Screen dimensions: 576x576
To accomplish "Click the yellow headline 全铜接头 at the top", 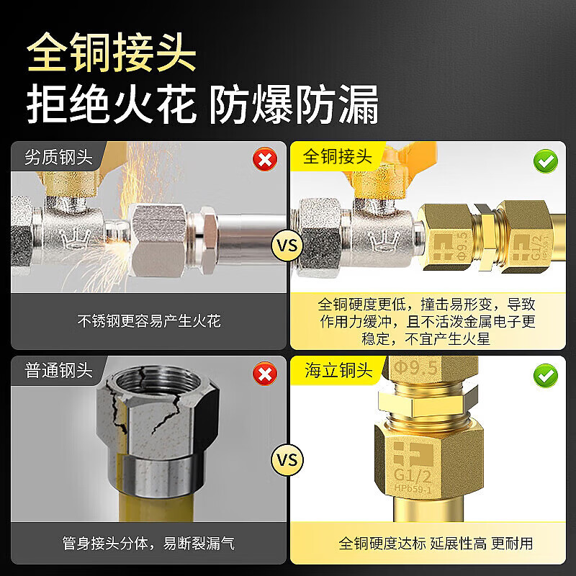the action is pyautogui.click(x=112, y=52).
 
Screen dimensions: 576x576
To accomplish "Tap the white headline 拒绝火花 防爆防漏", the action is pyautogui.click(x=202, y=104).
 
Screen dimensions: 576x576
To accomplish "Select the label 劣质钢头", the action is pyautogui.click(x=59, y=157).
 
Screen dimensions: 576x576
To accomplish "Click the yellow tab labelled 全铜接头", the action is pyautogui.click(x=338, y=156).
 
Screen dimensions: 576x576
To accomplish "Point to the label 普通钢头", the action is pyautogui.click(x=59, y=370).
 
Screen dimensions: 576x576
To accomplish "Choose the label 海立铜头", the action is pyautogui.click(x=338, y=370).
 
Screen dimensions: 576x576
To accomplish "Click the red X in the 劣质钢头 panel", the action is pyautogui.click(x=265, y=159).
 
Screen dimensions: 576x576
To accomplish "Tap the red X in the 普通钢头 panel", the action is pyautogui.click(x=265, y=374).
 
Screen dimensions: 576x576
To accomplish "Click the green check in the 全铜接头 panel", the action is pyautogui.click(x=546, y=161).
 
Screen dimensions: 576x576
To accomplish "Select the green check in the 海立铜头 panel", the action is pyautogui.click(x=546, y=375).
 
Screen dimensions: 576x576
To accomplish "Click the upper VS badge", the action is pyautogui.click(x=287, y=246).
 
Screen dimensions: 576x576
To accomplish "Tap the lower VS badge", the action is pyautogui.click(x=287, y=460).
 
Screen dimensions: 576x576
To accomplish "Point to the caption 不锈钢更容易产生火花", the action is pyautogui.click(x=149, y=321).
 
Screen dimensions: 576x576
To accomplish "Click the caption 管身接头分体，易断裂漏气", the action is pyautogui.click(x=148, y=543).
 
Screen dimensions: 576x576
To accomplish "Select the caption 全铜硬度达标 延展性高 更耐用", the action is pyautogui.click(x=436, y=543).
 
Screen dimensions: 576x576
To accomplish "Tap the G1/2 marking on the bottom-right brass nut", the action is pyautogui.click(x=413, y=476).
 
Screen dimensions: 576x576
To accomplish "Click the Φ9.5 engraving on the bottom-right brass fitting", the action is pyautogui.click(x=416, y=368).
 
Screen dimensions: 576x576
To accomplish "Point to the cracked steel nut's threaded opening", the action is pyautogui.click(x=158, y=381).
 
